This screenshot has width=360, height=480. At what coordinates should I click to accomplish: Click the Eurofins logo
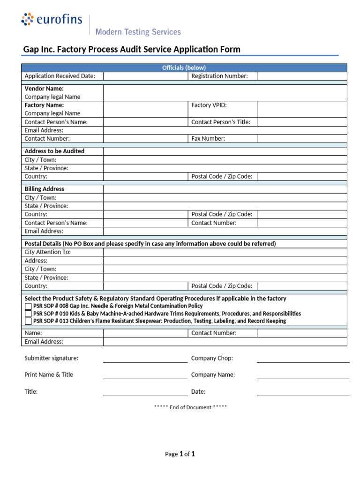point(52,20)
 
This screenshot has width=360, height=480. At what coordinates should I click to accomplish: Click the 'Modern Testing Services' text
point(138,32)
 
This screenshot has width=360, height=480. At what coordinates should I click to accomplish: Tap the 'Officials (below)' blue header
point(184,67)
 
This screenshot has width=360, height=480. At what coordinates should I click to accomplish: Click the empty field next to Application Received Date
point(145,76)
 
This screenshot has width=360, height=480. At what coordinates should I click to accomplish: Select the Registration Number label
point(219,76)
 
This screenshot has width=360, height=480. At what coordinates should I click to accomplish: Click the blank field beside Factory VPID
point(301,109)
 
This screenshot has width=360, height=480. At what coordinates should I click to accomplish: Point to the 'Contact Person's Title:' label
point(221,122)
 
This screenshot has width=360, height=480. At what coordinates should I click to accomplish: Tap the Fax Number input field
point(301,139)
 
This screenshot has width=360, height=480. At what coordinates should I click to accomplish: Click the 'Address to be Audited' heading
point(54,151)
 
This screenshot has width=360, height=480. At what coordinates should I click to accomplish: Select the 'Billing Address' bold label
point(45,189)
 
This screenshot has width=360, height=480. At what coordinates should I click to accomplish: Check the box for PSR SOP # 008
point(28,306)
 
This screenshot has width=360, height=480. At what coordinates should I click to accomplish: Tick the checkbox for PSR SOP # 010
point(28,314)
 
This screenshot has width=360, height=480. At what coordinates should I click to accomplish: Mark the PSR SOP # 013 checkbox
point(28,321)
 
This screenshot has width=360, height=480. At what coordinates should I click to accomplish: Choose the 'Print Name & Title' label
point(49,375)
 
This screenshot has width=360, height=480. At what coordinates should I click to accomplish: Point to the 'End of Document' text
point(190,407)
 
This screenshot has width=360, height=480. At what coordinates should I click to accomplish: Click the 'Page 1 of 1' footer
point(180,454)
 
